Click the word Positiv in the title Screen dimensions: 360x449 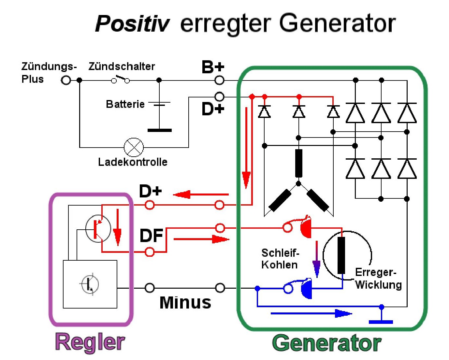pos(132,24)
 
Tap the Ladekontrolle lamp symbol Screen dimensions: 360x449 pos(134,147)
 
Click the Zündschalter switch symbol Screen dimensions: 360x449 pos(120,79)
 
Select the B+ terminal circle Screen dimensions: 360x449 pos(220,80)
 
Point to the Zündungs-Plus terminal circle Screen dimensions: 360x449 pos(66,80)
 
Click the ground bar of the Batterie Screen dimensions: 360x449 pos(159,130)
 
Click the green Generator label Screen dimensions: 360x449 pos(326,343)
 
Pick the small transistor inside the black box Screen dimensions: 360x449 pos(90,284)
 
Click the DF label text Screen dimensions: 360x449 pos(151,236)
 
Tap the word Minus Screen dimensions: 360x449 pos(185,302)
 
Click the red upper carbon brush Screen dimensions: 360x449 pos(305,227)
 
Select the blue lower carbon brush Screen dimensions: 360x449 pos(306,289)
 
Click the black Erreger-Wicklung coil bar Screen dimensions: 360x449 pos(341,255)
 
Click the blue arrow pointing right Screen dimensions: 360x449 pos(311,314)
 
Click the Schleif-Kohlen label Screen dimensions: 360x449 pos(280,259)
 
